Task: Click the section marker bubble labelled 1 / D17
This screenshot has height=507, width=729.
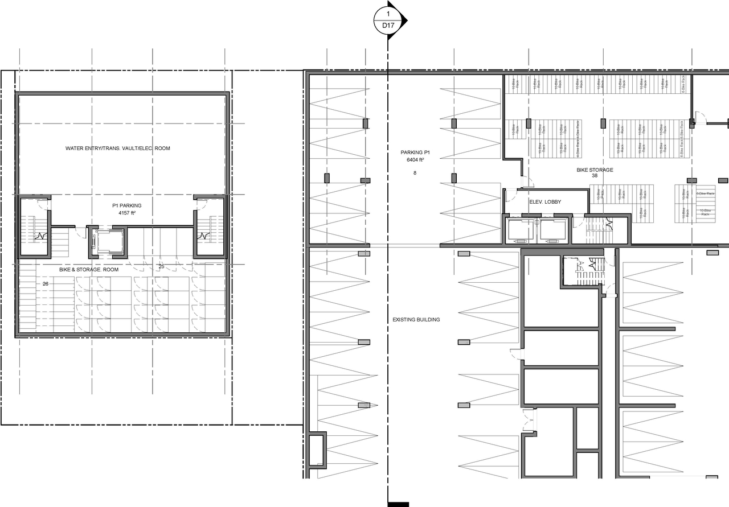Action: pyautogui.click(x=388, y=20)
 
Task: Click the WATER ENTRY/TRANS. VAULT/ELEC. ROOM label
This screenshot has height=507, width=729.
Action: pyautogui.click(x=118, y=149)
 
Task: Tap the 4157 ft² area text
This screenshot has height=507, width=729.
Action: pyautogui.click(x=126, y=213)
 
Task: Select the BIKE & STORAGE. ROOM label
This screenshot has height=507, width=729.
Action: pyautogui.click(x=89, y=270)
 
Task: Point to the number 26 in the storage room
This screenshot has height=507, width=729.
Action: pyautogui.click(x=45, y=283)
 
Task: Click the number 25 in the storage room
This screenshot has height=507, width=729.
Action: pyautogui.click(x=161, y=266)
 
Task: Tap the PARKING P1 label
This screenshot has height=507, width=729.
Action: pyautogui.click(x=415, y=153)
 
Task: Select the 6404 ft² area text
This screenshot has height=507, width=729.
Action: pyautogui.click(x=415, y=160)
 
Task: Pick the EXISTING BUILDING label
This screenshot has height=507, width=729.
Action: pyautogui.click(x=416, y=320)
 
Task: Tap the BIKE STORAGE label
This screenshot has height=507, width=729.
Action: pyautogui.click(x=595, y=170)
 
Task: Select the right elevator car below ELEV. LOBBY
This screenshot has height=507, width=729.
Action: pyautogui.click(x=552, y=229)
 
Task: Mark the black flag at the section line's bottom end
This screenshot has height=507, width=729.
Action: pyautogui.click(x=398, y=504)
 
